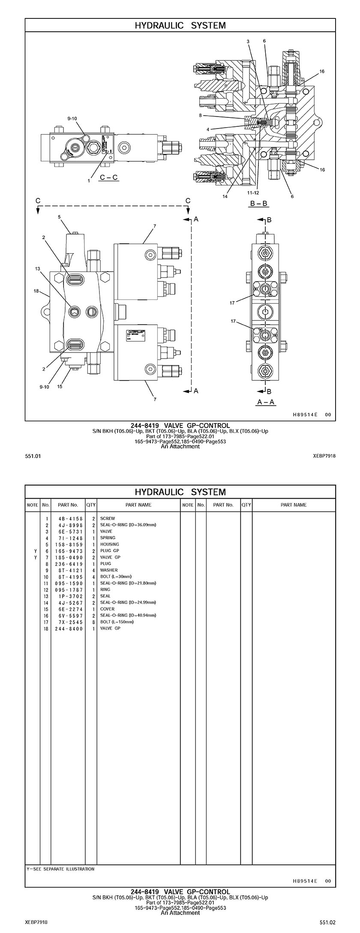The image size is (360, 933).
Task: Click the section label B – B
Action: tap(259, 203)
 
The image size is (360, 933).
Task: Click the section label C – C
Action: tap(108, 177)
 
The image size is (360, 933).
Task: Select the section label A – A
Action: tap(266, 402)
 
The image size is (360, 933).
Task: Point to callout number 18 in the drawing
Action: tap(36, 291)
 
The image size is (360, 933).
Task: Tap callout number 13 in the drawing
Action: tap(37, 269)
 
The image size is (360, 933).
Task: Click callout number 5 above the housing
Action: tap(60, 217)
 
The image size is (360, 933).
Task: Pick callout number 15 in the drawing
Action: tap(60, 386)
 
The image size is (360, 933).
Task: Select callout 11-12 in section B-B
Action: tap(253, 192)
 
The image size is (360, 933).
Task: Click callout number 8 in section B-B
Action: tap(200, 115)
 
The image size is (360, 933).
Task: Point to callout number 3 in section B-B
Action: tap(248, 41)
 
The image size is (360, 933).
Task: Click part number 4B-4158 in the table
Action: tap(70, 518)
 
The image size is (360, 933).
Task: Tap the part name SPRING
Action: tap(108, 538)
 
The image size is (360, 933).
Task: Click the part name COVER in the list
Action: tap(107, 609)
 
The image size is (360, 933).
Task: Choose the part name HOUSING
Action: tap(109, 544)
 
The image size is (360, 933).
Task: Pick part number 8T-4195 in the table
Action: tap(70, 577)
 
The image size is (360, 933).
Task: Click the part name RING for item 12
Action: tap(105, 589)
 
